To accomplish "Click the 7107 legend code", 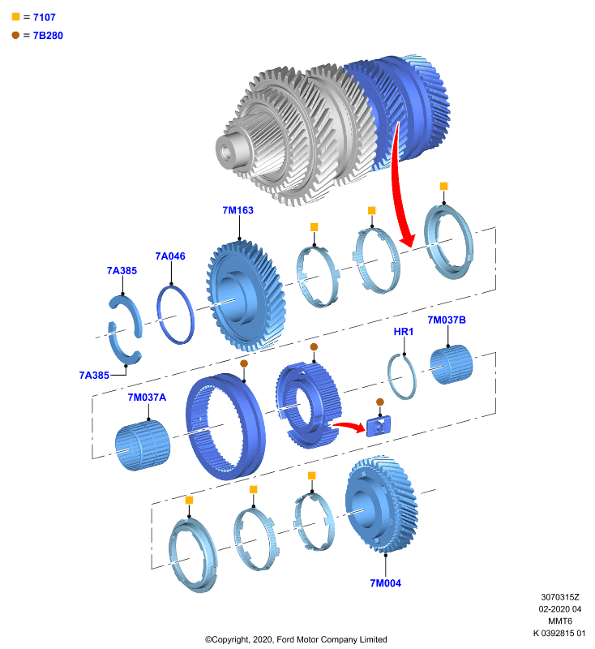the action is [45, 17].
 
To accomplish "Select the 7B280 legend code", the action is [48, 36].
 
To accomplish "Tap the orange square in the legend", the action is [15, 16].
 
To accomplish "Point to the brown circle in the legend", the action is [15, 35].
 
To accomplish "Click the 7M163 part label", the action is [238, 210].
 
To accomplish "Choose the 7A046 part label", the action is [170, 256].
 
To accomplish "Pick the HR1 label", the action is [403, 332].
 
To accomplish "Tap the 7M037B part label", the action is [447, 320].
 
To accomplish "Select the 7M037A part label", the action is [147, 398].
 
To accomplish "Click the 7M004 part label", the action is [385, 583].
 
